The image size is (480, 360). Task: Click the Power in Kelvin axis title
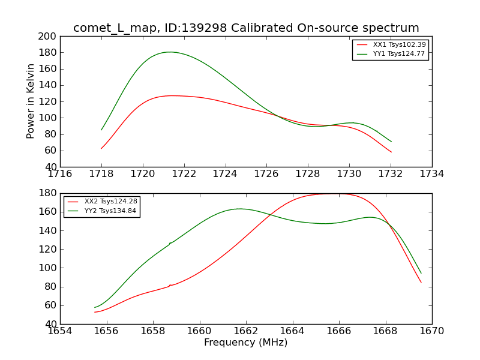click(x=31, y=101)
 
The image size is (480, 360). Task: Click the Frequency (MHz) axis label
click(x=246, y=343)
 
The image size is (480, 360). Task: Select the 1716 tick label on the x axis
click(x=60, y=174)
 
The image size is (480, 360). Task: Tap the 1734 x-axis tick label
click(x=432, y=174)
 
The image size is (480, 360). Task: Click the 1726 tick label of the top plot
click(x=266, y=174)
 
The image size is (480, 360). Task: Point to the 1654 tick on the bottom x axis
click(x=60, y=331)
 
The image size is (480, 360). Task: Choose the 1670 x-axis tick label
click(x=432, y=331)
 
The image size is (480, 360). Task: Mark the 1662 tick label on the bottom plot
click(x=246, y=331)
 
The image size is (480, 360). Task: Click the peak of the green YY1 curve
click(x=170, y=52)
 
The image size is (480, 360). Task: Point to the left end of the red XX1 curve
click(x=101, y=148)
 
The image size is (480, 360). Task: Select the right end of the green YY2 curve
click(x=421, y=273)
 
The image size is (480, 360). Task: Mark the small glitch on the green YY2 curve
click(x=170, y=243)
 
